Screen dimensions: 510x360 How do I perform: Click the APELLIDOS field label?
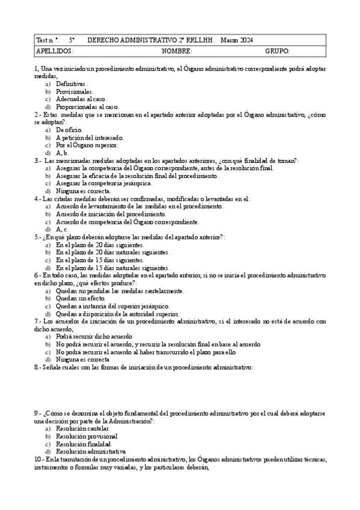click(x=55, y=51)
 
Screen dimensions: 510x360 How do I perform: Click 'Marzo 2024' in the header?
click(x=237, y=40)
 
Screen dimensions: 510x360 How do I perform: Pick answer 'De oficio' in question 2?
click(x=69, y=129)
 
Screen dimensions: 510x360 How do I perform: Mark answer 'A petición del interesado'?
click(x=90, y=137)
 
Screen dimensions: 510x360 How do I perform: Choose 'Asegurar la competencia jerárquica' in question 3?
click(x=103, y=183)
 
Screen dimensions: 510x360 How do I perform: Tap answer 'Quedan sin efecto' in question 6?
click(x=81, y=298)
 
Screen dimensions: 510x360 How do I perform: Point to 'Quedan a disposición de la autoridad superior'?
click(x=117, y=313)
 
